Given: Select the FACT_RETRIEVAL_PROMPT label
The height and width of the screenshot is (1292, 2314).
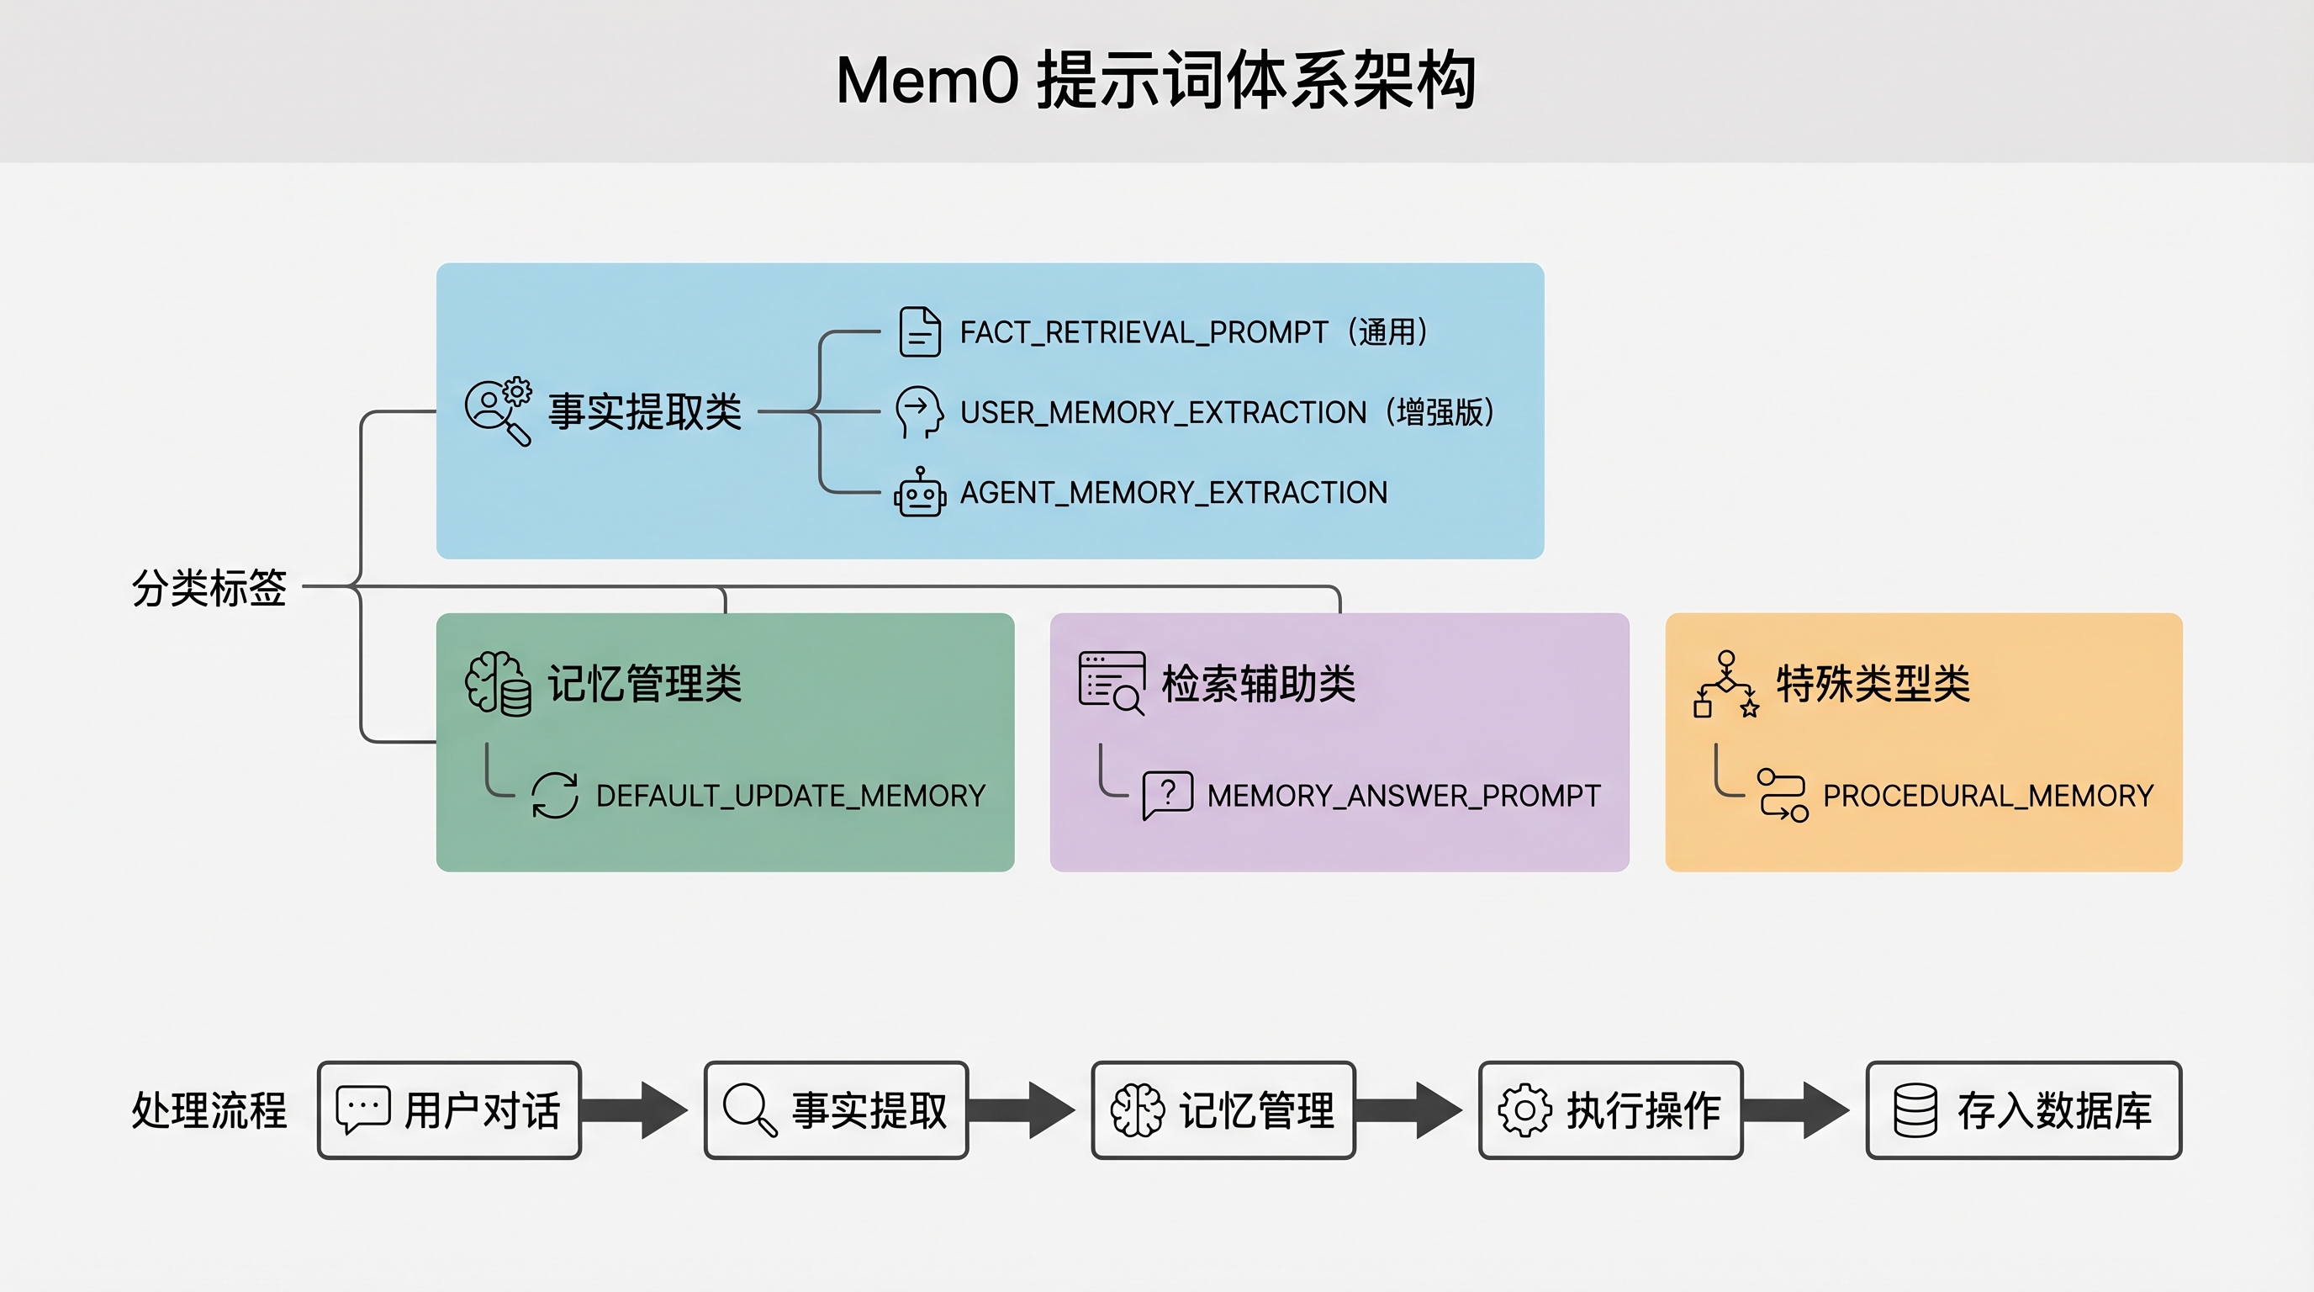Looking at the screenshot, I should point(1143,332).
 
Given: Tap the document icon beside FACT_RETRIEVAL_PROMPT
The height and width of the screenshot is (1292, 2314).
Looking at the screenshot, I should point(919,331).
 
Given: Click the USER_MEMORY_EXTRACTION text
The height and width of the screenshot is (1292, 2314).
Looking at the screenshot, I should point(1162,412).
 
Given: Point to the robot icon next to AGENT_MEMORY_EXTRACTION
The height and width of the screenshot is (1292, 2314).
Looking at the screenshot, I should point(919,493).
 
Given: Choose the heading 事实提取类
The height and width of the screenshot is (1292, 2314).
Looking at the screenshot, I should point(644,412).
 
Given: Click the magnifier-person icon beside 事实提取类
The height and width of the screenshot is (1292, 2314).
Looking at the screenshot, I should point(498,411).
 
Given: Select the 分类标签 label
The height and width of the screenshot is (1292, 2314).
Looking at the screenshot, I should point(209,588).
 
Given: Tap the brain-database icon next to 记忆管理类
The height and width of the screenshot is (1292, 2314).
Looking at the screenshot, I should point(498,684).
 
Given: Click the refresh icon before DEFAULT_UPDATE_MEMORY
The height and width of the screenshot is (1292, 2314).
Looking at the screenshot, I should point(554,795).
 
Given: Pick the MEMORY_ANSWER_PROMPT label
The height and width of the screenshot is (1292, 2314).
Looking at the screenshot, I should point(1403,796).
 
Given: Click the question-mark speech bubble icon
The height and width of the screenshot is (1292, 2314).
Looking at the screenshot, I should point(1167,794).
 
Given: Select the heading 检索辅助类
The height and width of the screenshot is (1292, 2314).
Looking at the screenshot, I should point(1258,684).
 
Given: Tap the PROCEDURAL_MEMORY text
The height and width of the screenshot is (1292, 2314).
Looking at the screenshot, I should point(1988,796).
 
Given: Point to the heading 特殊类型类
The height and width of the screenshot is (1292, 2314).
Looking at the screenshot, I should point(1873,684).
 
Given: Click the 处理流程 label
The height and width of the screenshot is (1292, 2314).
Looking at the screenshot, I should point(209,1110).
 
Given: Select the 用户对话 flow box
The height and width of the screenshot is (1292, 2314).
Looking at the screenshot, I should point(449,1110).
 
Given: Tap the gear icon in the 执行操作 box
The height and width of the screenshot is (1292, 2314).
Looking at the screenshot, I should point(1524,1110).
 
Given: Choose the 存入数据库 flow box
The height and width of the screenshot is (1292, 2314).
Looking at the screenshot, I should point(2023,1110).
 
